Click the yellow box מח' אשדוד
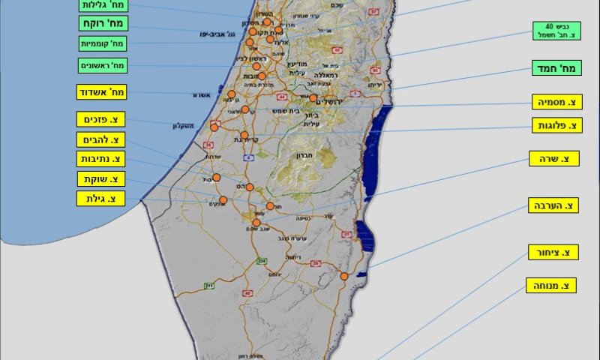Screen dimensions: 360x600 click(x=101, y=92)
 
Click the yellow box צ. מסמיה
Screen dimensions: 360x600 click(x=556, y=102)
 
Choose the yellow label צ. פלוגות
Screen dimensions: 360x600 click(x=556, y=125)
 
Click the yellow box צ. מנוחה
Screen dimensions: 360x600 click(x=551, y=285)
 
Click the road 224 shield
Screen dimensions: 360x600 click(x=262, y=261)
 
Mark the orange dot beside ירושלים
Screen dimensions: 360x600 click(x=313, y=97)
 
